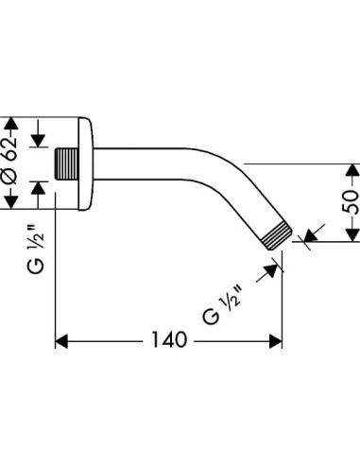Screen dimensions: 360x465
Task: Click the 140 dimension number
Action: tap(169, 340)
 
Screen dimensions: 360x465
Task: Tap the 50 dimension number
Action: tap(351, 202)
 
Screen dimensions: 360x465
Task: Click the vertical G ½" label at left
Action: tap(36, 250)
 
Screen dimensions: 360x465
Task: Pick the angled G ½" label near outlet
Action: tap(222, 303)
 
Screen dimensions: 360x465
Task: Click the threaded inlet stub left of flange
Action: tap(66, 164)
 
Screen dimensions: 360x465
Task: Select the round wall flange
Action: tap(86, 164)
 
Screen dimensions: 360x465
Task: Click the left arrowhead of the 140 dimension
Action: tap(61, 341)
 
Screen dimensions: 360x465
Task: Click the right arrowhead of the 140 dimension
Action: tap(276, 341)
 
